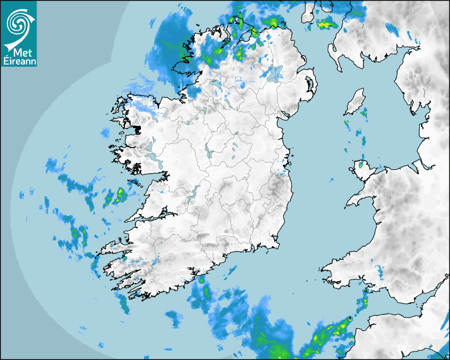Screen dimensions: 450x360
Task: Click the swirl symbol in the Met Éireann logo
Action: coord(19,22)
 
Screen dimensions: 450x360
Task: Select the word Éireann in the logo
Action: coord(19,61)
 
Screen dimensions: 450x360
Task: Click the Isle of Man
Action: coord(355,102)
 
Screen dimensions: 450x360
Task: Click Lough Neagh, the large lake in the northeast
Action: coord(275,73)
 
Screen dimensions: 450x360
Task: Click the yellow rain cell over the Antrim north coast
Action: coord(272,22)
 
